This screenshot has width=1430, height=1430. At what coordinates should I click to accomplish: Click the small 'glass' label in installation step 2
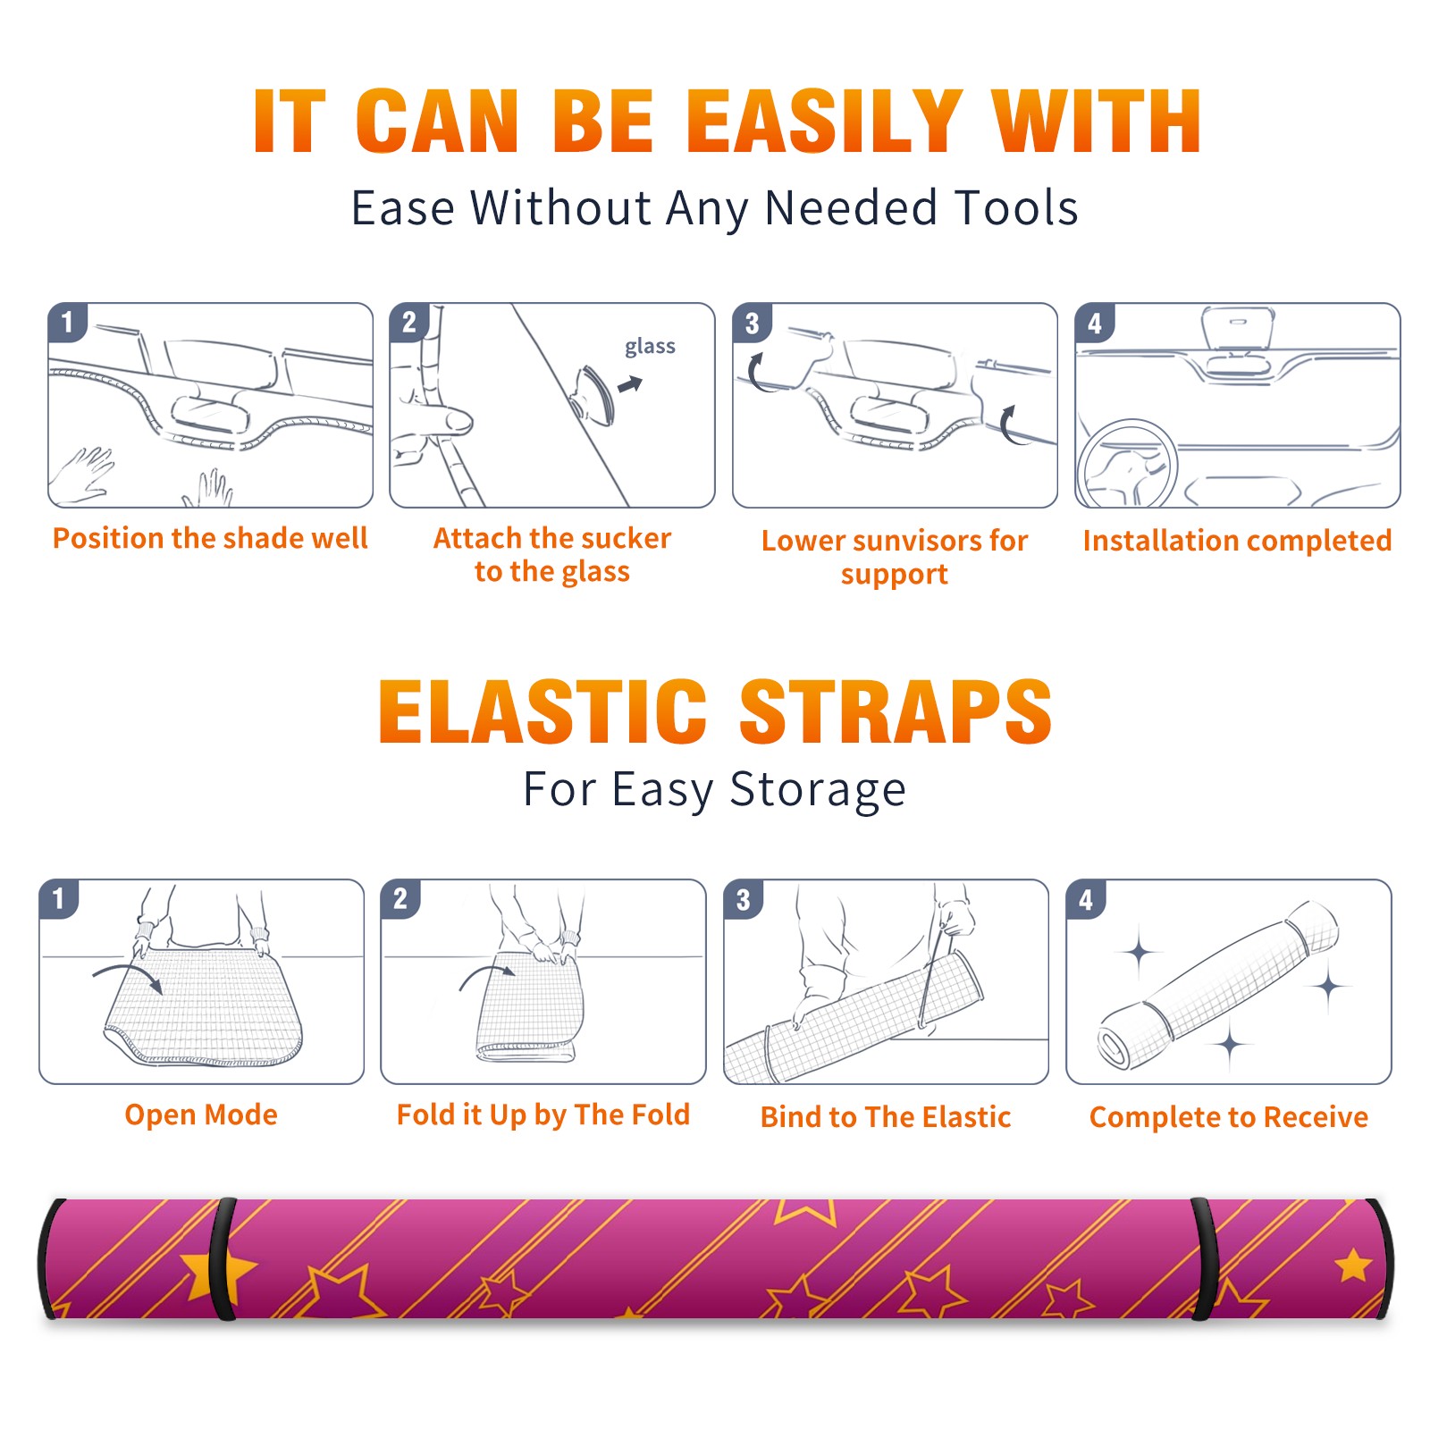[650, 347]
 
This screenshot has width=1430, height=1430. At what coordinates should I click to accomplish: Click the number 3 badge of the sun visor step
[752, 323]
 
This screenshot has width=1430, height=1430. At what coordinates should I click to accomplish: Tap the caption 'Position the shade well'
[210, 538]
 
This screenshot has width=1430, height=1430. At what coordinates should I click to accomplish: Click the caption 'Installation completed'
[1237, 541]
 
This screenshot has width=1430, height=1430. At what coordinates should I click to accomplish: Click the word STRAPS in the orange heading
[896, 711]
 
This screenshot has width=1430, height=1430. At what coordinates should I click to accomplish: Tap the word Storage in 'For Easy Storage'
[818, 790]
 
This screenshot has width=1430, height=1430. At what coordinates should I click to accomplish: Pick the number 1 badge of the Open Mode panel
[59, 899]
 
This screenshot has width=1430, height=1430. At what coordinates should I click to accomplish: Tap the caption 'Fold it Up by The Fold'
[543, 1115]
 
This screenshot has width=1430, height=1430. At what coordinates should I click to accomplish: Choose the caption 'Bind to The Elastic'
[886, 1117]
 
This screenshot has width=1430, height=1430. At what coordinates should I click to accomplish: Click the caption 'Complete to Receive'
[1229, 1117]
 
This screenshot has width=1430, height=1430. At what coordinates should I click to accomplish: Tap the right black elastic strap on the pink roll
[1203, 1259]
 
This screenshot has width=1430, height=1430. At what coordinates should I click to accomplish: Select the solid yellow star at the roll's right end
[1354, 1266]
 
